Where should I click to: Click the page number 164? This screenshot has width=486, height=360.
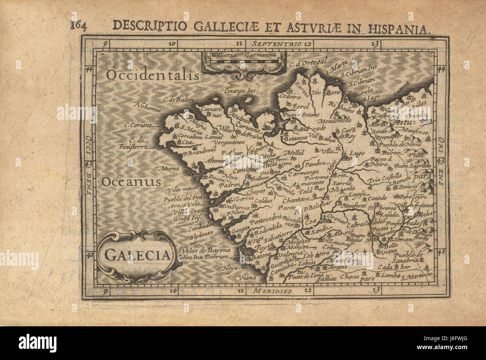78,26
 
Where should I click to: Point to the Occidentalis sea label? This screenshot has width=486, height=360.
152,75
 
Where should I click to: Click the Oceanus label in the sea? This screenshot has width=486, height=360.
131,182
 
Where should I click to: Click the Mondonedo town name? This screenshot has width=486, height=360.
333,122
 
